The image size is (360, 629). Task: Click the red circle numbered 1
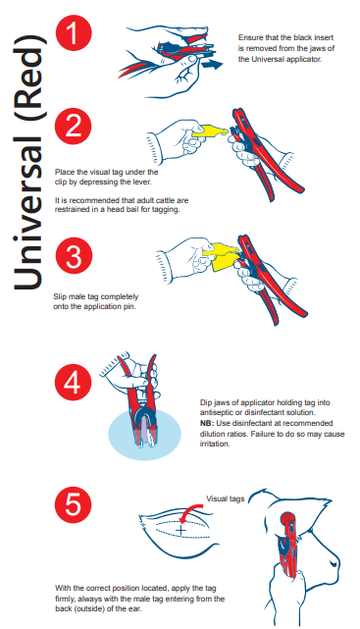pos(74,33)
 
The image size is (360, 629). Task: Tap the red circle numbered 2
pos(74,126)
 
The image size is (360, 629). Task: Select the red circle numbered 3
pos(74,256)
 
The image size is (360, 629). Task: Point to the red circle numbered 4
pos(73,383)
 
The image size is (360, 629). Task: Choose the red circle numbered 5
pos(73,503)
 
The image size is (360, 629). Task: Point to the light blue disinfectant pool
pos(145,435)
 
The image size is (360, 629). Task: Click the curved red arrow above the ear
pos(192,508)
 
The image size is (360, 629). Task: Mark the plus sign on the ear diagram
pos(181,530)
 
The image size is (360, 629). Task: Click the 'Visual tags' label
pos(225,498)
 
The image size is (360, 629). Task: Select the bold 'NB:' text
pos(206,423)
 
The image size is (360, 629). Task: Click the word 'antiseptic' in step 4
pos(216,412)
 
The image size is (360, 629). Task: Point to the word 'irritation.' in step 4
pos(215,445)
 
